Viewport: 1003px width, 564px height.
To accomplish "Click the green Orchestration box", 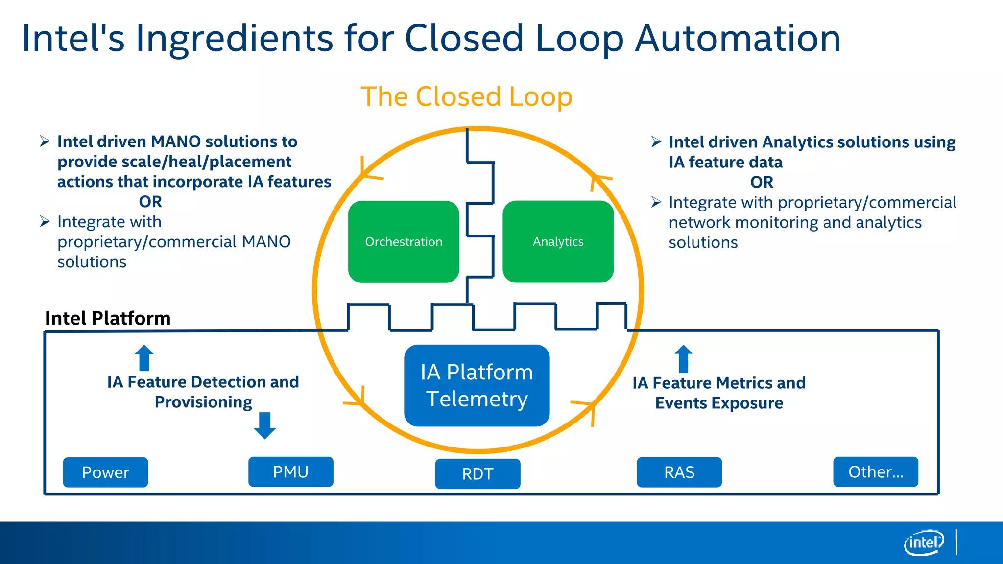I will point(404,241).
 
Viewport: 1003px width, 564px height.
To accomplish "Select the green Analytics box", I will point(558,241).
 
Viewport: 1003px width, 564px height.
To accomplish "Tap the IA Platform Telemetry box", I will point(477,385).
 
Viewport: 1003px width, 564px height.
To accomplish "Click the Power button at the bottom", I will point(105,472).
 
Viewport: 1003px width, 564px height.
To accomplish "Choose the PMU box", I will point(290,471).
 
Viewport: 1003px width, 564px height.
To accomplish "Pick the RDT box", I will point(478,473).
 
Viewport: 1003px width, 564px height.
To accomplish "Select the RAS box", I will point(679,472).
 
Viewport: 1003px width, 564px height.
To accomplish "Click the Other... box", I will point(875,471).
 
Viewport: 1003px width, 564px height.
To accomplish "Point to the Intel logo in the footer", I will point(924,542).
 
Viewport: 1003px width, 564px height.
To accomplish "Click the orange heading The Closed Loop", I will point(466,96).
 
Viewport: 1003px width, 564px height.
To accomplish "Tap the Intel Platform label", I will point(108,318).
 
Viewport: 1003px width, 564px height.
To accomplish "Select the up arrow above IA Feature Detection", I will point(144,358).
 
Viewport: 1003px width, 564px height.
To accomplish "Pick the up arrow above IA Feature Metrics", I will point(683,359).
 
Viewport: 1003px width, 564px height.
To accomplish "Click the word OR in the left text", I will point(150,202).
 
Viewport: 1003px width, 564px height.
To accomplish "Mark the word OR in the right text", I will point(762,182).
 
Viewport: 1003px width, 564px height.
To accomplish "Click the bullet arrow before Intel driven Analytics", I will point(656,142).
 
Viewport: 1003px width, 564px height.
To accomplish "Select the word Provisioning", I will point(203,402).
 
